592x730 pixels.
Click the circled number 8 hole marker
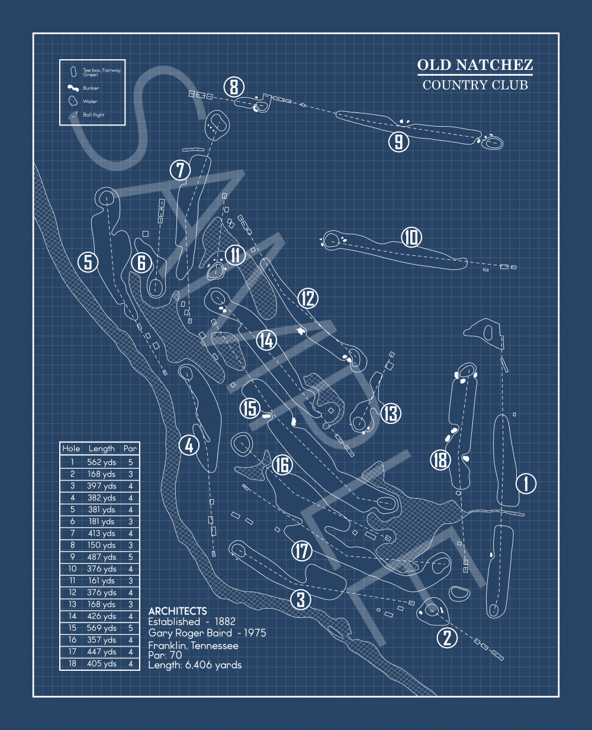pos(234,87)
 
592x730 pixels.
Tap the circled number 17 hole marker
pos(302,551)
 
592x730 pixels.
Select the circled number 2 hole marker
pos(447,638)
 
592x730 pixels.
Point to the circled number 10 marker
pos(411,237)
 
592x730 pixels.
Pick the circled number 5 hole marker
pos(88,262)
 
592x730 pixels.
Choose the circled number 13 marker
pos(391,413)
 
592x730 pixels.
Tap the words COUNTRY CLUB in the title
pos(475,85)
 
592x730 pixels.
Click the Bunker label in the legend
pos(91,88)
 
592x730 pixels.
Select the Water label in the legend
pos(90,101)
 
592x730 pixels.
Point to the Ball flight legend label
pos(94,115)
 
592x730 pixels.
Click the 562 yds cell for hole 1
pos(101,462)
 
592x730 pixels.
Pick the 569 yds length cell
pos(101,628)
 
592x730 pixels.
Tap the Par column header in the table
pos(130,448)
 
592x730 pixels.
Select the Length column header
pos(101,449)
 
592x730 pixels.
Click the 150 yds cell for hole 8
pos(101,545)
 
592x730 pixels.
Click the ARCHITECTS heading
pos(178,611)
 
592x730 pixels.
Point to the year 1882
pos(225,622)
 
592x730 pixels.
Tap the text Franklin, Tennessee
pos(193,646)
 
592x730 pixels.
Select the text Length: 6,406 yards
pos(195,665)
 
